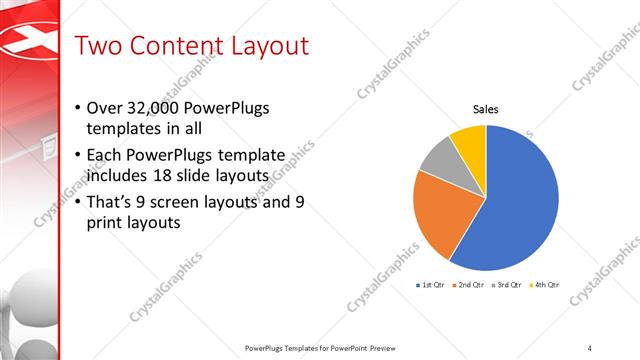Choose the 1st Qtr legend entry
pos(430,285)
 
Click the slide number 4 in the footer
pos(589,347)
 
